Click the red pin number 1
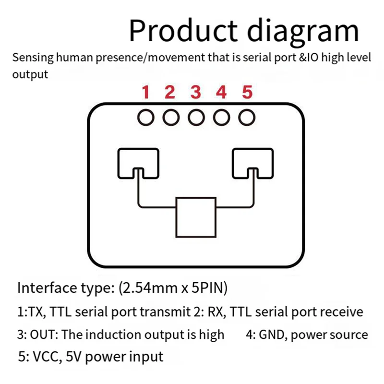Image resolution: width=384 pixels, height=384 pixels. click(146, 92)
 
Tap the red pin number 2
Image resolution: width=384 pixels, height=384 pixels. click(170, 92)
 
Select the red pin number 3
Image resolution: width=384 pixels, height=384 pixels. click(195, 92)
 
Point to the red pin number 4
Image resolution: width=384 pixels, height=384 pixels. click(221, 92)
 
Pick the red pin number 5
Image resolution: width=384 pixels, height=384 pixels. click(247, 92)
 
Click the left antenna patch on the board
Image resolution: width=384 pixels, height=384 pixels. click(137, 163)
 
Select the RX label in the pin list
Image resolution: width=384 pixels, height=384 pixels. click(216, 312)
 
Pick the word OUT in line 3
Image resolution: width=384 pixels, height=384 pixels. click(44, 335)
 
